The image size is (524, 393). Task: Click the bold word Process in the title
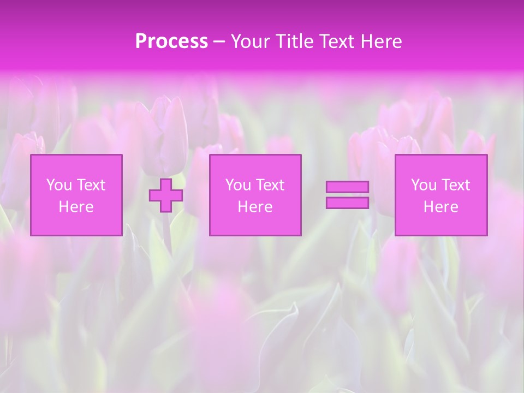click(x=171, y=41)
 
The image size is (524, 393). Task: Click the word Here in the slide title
click(x=382, y=41)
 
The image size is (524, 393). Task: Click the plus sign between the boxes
click(x=166, y=195)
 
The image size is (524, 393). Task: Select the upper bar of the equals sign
click(x=347, y=187)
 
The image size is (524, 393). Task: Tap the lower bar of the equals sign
click(x=347, y=203)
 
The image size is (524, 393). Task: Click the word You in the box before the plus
click(x=59, y=185)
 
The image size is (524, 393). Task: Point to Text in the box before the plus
click(x=91, y=185)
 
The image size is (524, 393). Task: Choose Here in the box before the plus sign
click(x=76, y=207)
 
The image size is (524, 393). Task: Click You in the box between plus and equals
click(x=238, y=185)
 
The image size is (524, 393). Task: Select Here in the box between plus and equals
click(x=255, y=207)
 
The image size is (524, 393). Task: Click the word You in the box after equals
click(x=424, y=185)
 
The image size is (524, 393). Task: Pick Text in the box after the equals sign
click(x=455, y=185)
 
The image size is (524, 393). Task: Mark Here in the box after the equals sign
click(x=440, y=207)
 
